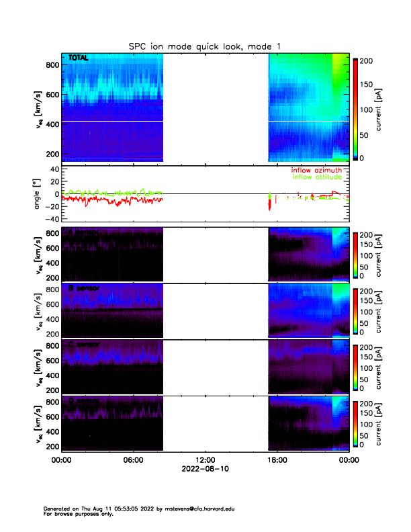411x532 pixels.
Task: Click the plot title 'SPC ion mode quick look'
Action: tap(205, 46)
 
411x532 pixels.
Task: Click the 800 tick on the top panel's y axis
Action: tap(50, 65)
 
